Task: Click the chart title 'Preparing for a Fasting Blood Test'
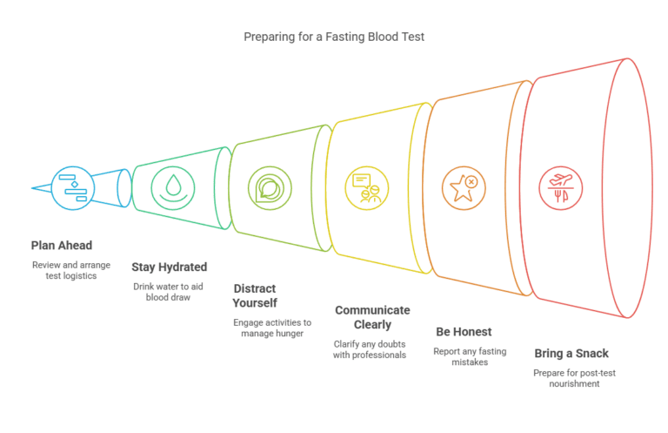(x=333, y=37)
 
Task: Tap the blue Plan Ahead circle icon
(x=72, y=187)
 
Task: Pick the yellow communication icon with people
(x=365, y=187)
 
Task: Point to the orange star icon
(x=463, y=187)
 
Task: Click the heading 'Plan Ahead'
(x=61, y=245)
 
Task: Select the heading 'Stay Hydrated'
(x=169, y=267)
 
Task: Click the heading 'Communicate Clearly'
(x=372, y=317)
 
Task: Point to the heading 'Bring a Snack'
(x=571, y=353)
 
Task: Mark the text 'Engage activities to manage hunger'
(x=271, y=328)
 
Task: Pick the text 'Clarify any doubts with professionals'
(x=370, y=348)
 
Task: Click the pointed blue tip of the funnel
(x=33, y=187)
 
